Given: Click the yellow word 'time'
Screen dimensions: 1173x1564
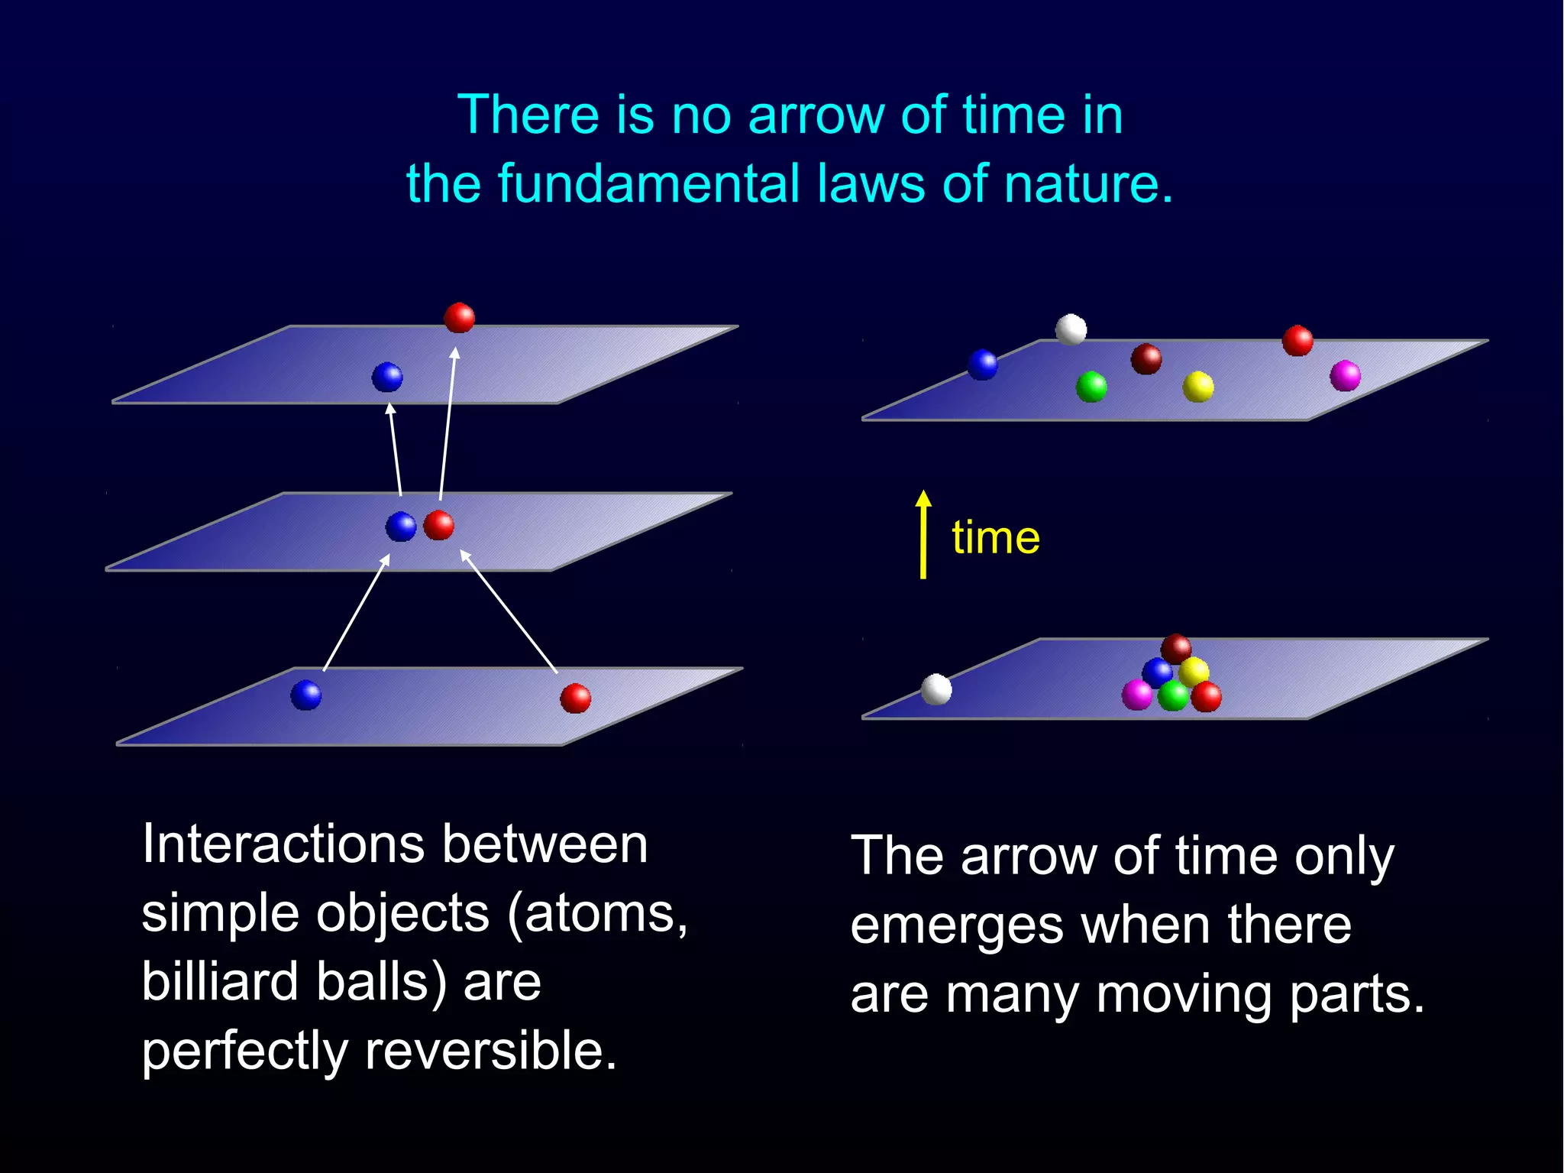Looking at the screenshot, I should coord(995,537).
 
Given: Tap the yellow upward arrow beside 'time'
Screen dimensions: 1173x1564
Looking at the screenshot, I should coord(923,535).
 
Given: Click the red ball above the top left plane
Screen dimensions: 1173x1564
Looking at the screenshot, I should coord(459,317).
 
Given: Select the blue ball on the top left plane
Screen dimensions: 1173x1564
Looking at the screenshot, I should coord(387,377).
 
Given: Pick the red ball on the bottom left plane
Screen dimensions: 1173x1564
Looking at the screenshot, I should coord(575,698).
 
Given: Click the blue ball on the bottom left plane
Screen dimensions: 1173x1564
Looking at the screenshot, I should coord(306,695).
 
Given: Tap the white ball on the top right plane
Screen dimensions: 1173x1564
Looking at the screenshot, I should coord(1071,329).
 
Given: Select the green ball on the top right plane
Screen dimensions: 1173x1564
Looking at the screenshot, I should coord(1091,387).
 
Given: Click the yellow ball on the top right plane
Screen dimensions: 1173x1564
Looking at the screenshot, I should coord(1197,387).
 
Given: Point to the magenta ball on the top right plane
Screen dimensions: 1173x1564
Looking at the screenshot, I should coord(1345,375).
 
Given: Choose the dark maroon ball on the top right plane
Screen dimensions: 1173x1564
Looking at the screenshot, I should coord(1146,358).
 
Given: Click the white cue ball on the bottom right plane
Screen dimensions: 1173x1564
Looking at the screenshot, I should coord(936,689).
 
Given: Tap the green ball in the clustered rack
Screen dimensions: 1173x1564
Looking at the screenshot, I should coord(1173,695).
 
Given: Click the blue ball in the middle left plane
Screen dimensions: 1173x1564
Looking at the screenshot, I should coord(400,527).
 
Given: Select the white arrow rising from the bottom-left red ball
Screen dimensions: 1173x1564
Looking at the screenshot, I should coord(509,611).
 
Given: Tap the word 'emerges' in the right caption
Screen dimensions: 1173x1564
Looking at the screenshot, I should coord(957,925).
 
